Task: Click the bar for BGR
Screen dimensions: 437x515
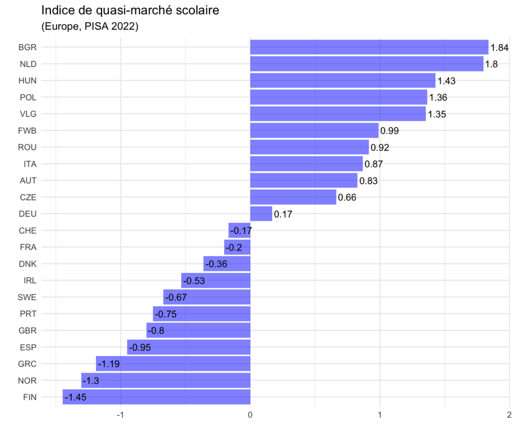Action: click(x=369, y=47)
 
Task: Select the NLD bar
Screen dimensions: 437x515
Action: click(x=367, y=64)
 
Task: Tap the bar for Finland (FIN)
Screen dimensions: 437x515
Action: click(x=156, y=397)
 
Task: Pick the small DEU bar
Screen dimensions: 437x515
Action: click(x=261, y=214)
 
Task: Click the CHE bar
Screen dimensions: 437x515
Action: click(x=239, y=230)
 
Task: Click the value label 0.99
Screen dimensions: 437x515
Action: click(x=390, y=131)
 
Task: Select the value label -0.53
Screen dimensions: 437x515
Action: click(x=194, y=281)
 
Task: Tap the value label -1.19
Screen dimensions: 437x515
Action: click(x=109, y=364)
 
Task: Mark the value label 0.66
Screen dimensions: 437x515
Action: click(x=348, y=197)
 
